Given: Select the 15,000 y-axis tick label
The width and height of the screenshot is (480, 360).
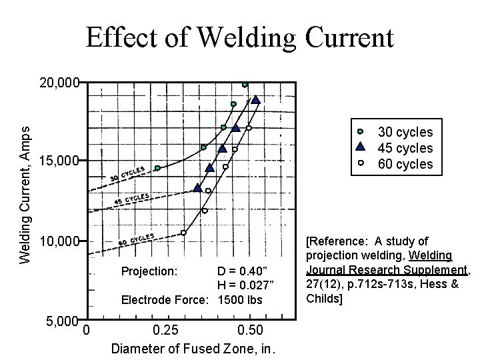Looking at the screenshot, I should [x=59, y=161].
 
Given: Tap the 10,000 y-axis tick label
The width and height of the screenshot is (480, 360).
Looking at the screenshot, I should [x=59, y=240].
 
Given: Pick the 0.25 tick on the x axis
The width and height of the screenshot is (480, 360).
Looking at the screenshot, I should [x=165, y=331].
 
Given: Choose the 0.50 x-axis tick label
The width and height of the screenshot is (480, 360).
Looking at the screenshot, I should [x=251, y=331].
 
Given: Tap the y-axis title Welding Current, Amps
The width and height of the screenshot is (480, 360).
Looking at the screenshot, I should [x=25, y=187].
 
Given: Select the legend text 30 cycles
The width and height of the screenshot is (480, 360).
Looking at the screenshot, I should [x=405, y=132].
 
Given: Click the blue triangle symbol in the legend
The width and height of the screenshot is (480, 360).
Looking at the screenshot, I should [x=360, y=147].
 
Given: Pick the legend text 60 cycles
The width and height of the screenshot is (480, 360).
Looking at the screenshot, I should [x=405, y=164].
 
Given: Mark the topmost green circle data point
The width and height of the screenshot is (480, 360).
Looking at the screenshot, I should [x=245, y=85].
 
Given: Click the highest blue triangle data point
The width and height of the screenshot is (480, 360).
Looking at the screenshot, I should [x=255, y=100].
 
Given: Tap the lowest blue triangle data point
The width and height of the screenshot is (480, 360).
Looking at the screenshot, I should [x=197, y=188].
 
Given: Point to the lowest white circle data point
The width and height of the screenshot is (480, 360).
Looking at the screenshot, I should [x=183, y=233].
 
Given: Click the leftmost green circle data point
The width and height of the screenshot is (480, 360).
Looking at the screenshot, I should [x=157, y=168].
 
